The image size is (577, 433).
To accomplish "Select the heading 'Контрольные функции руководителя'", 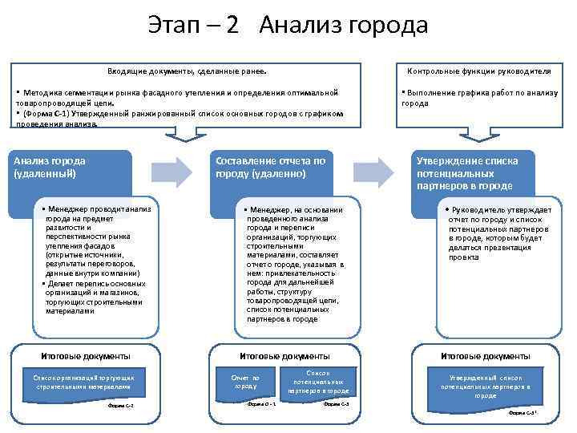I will [x=484, y=71].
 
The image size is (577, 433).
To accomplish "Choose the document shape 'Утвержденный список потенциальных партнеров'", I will [x=484, y=386].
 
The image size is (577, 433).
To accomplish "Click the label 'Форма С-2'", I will [x=120, y=406].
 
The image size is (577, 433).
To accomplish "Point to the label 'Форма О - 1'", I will [x=261, y=403].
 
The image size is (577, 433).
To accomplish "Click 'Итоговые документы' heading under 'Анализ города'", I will [x=85, y=356].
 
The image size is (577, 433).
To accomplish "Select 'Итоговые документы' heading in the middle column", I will [x=284, y=356].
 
